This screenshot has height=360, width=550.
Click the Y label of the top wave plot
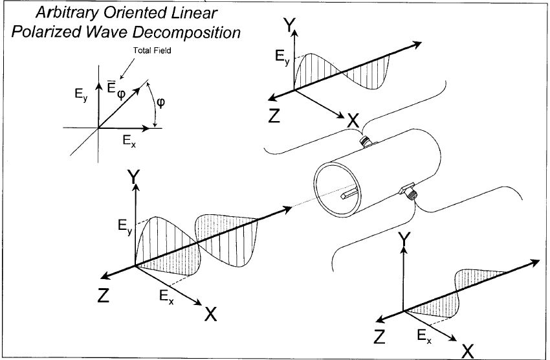coord(291,25)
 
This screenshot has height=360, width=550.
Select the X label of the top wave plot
coord(353,120)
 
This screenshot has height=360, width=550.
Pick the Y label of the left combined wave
coord(135,177)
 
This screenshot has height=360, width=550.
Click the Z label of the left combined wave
coord(104,295)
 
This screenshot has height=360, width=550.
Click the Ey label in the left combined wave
coord(126,226)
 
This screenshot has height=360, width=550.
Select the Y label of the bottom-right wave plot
coord(404,240)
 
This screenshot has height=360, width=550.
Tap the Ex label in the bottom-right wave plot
coord(423,335)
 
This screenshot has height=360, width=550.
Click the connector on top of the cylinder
coord(367,141)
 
